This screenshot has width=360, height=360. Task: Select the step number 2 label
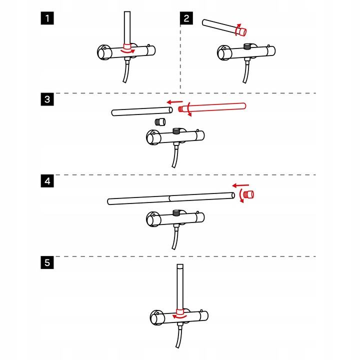click(x=186, y=19)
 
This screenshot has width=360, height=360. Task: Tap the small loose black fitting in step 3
click(x=159, y=121)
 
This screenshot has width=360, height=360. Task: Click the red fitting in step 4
click(x=248, y=194)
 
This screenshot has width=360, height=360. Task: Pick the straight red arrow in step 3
click(x=174, y=101)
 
